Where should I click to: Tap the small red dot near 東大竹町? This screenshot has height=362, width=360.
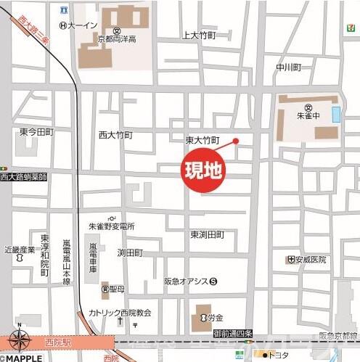click(x=235, y=141)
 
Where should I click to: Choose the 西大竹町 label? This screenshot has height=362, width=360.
click(x=116, y=135)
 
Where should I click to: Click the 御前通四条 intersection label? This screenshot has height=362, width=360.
click(x=233, y=334)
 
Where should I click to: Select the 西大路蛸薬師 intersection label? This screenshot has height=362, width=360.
click(x=23, y=176)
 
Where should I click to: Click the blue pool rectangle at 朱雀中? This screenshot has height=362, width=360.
click(x=335, y=114)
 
